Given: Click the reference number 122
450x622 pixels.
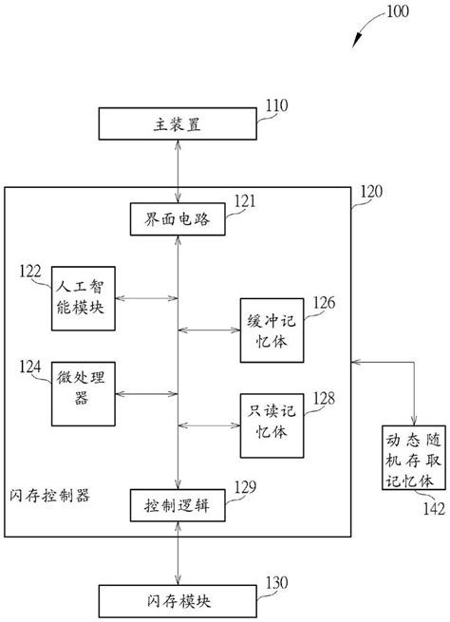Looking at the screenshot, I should [29, 272].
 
